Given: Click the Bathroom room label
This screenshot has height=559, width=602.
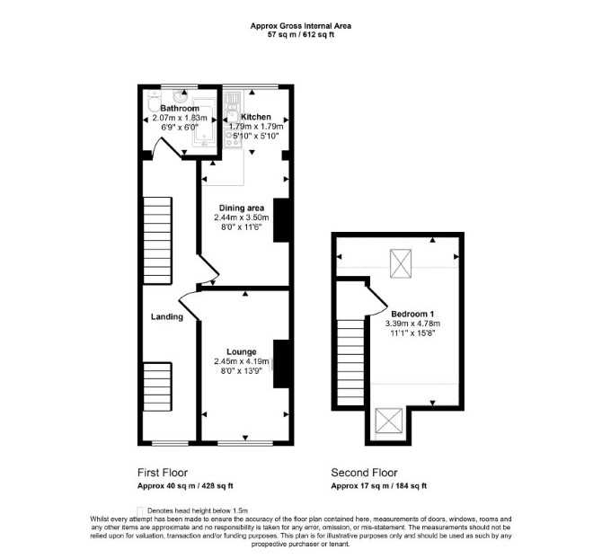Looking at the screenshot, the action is pyautogui.click(x=180, y=108).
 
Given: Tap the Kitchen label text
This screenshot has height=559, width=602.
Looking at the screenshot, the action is pyautogui.click(x=256, y=117).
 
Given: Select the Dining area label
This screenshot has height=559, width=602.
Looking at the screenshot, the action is pyautogui.click(x=242, y=209).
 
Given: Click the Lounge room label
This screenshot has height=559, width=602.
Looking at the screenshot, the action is pyautogui.click(x=242, y=351).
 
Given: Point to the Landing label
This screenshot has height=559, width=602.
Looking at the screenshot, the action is pyautogui.click(x=166, y=316).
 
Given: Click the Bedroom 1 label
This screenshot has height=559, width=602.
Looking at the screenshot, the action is pyautogui.click(x=412, y=314).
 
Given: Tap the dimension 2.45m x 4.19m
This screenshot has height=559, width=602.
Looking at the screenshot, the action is pyautogui.click(x=242, y=361).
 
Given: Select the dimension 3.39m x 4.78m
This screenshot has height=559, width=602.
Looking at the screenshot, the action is pyautogui.click(x=412, y=324).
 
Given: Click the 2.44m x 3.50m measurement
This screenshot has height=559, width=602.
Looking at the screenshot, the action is pyautogui.click(x=242, y=217).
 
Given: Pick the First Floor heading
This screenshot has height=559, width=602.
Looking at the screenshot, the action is pyautogui.click(x=163, y=473).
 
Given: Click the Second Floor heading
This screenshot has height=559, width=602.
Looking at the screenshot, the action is pyautogui.click(x=365, y=473).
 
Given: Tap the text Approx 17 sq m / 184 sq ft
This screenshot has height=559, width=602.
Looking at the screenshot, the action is pyautogui.click(x=379, y=485).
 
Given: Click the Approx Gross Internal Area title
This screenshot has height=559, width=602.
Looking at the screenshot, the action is pyautogui.click(x=301, y=26).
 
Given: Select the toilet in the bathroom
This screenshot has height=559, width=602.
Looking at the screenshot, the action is pyautogui.click(x=153, y=101).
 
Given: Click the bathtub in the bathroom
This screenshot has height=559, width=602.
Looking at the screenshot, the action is pyautogui.click(x=204, y=123).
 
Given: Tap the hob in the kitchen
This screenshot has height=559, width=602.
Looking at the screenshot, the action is pyautogui.click(x=233, y=140).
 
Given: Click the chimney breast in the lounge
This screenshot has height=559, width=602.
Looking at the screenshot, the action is pyautogui.click(x=281, y=364).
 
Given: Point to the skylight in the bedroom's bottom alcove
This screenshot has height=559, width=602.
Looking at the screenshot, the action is pyautogui.click(x=389, y=421).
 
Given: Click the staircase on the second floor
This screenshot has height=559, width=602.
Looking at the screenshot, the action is pyautogui.click(x=350, y=362).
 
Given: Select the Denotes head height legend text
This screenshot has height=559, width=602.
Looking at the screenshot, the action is pyautogui.click(x=198, y=510).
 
